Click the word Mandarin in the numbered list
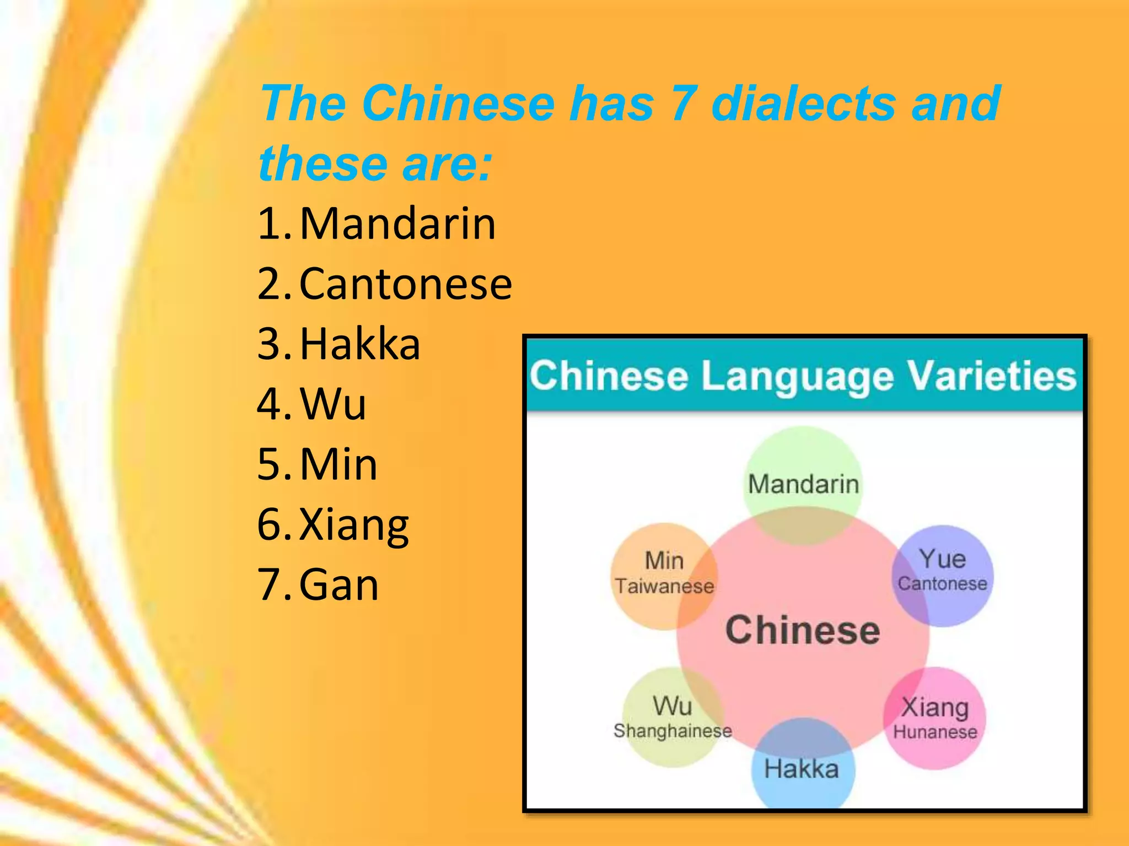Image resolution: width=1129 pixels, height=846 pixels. (x=397, y=224)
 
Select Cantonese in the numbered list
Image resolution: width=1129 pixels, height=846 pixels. (x=406, y=284)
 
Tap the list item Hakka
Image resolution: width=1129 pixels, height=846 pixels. (x=360, y=344)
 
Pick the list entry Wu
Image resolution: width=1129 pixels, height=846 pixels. (x=333, y=404)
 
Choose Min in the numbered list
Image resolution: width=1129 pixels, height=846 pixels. (x=338, y=464)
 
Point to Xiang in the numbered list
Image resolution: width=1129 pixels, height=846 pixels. (x=354, y=525)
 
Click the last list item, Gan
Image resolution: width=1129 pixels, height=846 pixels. (x=339, y=585)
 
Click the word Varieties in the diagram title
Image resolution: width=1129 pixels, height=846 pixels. (x=991, y=376)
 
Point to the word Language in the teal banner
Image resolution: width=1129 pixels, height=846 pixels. (x=797, y=377)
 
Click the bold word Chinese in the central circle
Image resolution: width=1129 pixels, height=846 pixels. (x=803, y=630)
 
